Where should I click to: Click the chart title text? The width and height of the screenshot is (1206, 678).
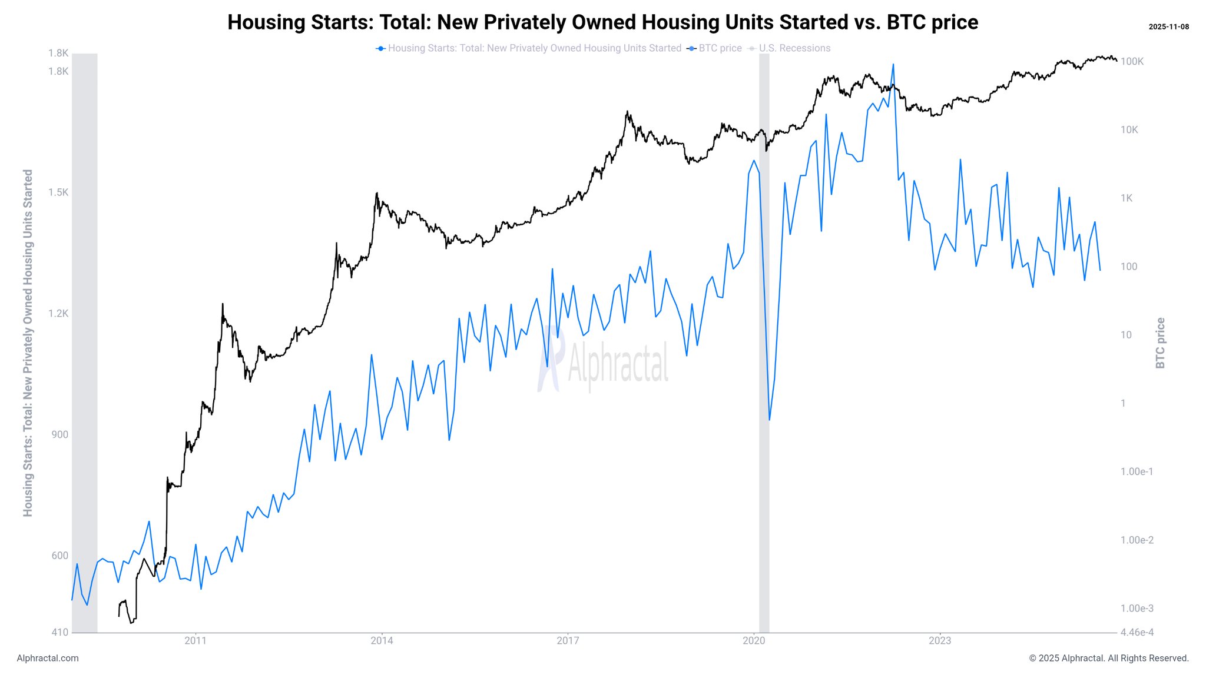point(602,22)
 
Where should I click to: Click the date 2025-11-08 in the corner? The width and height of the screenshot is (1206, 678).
point(1168,27)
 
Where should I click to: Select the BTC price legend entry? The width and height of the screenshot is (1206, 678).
point(719,48)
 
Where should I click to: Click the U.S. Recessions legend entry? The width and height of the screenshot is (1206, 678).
point(794,48)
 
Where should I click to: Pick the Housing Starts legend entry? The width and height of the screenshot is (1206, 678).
point(534,48)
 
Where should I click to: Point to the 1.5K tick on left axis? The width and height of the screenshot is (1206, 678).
point(58,192)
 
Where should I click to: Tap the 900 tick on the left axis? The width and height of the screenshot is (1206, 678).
point(60,435)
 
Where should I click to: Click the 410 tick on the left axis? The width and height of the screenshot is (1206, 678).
point(61,633)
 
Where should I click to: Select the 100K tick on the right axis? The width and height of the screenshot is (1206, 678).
point(1132,62)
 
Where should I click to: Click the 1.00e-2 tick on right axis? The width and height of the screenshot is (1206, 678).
point(1137,540)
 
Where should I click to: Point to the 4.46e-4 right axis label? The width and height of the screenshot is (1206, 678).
point(1137,633)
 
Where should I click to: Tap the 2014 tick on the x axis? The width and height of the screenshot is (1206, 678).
point(382,641)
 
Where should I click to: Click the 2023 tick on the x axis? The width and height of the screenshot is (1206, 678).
point(940,641)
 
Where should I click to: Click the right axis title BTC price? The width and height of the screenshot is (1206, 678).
point(1160,343)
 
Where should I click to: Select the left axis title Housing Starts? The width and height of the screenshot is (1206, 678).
point(28,343)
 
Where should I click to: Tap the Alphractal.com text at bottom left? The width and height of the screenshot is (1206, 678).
point(48,659)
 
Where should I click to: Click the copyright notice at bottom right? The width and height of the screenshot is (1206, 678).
point(1108,659)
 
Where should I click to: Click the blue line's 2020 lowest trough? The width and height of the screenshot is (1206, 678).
point(770,420)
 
